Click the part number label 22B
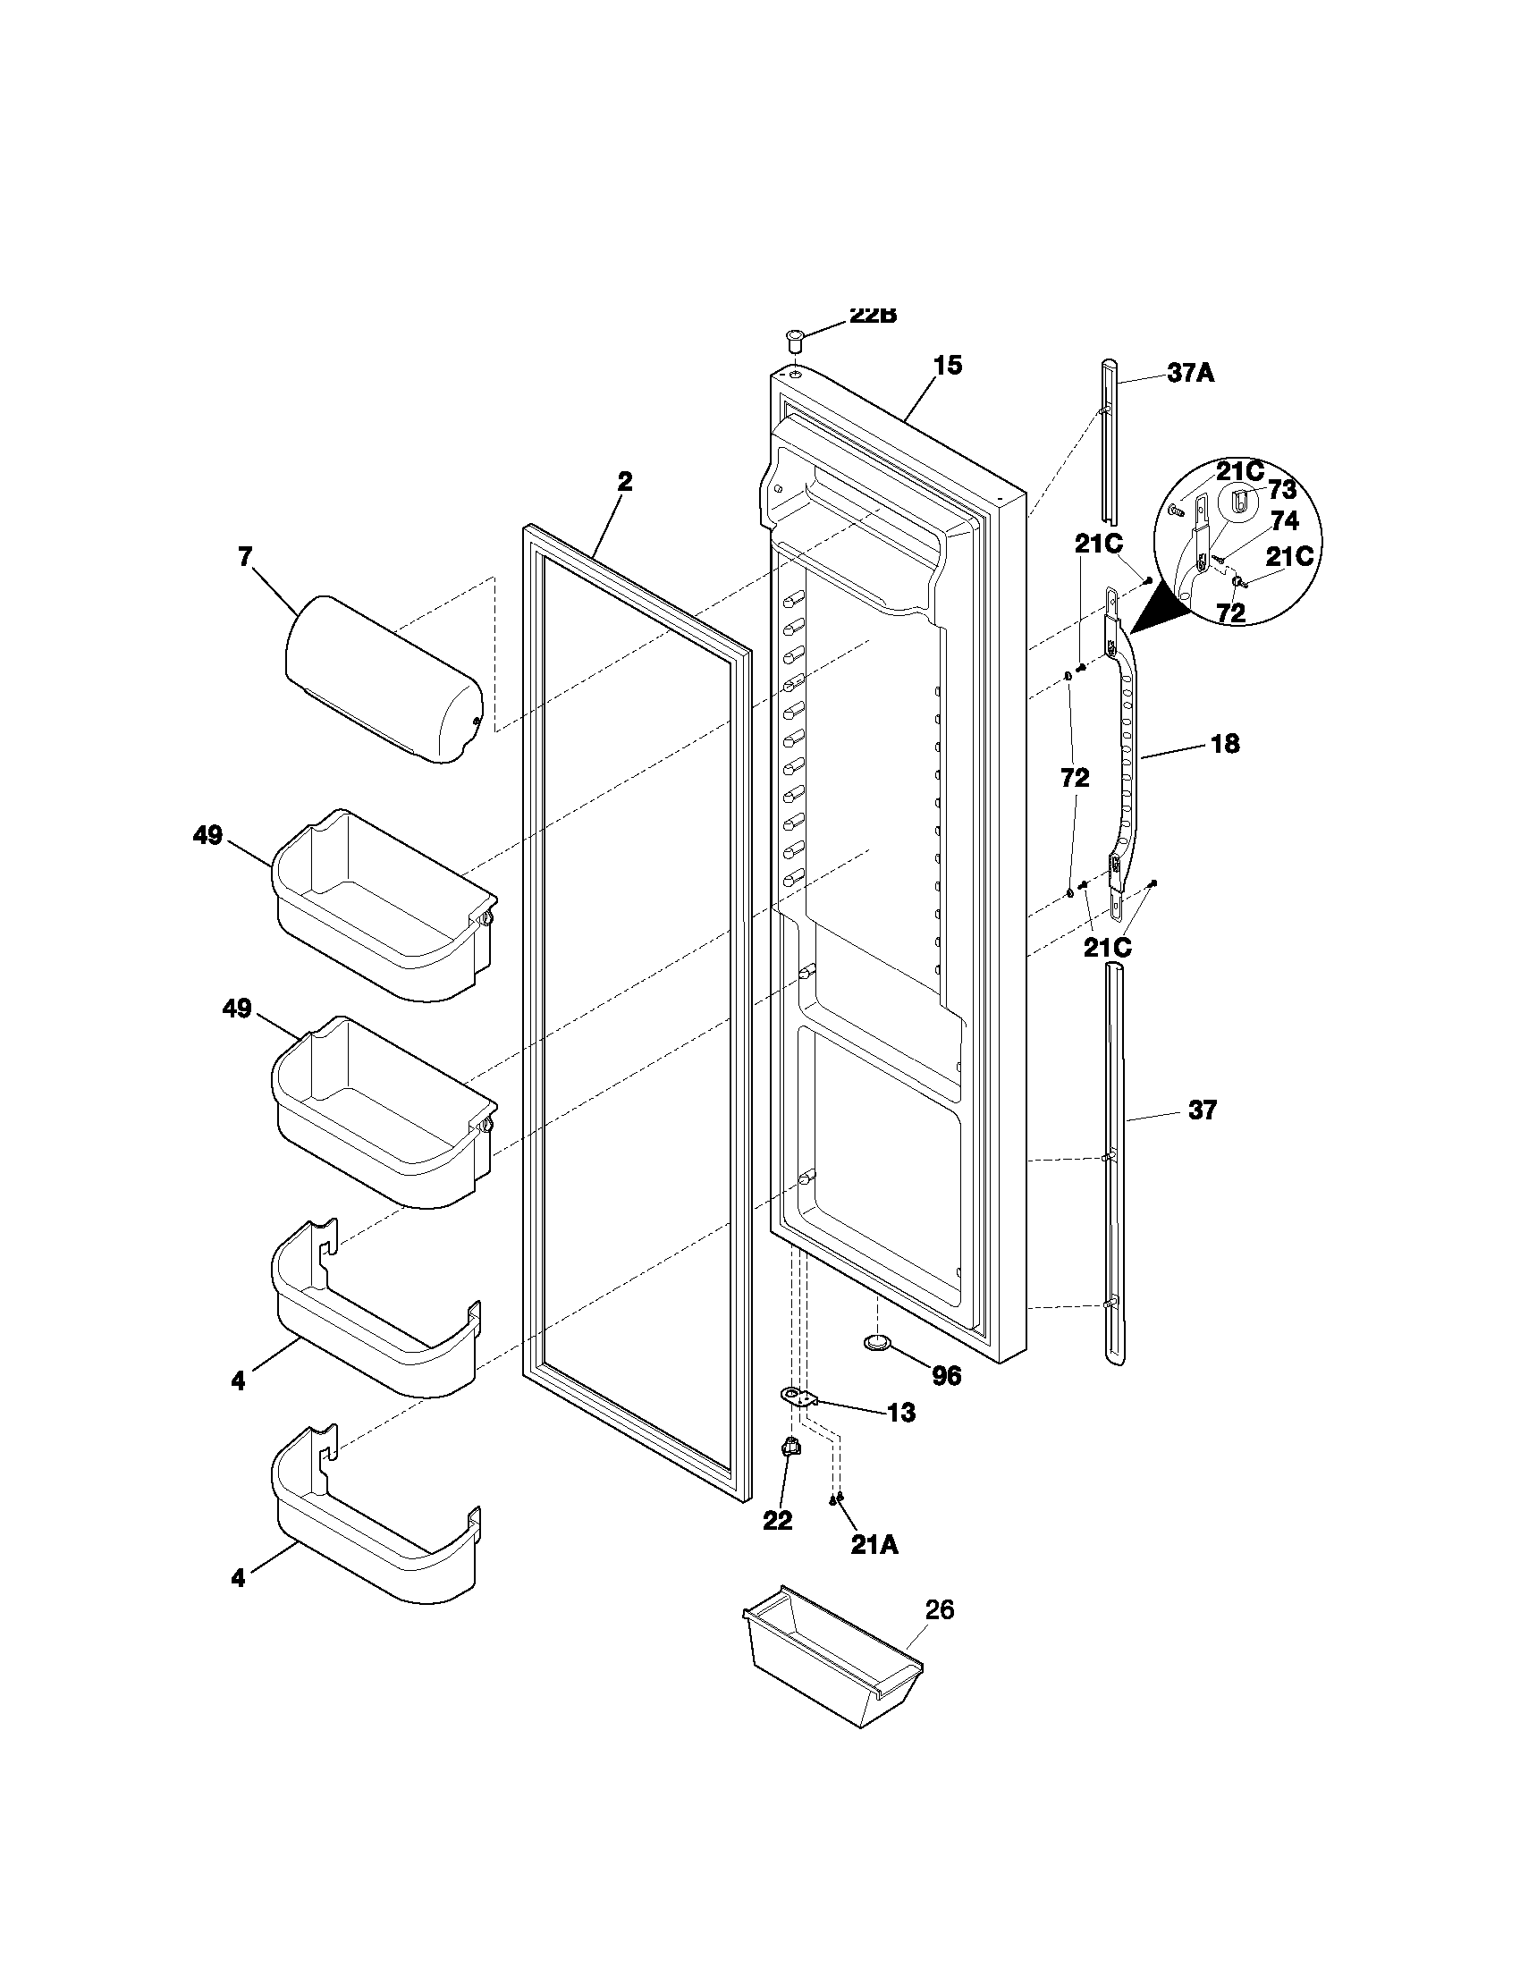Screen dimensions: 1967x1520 [873, 316]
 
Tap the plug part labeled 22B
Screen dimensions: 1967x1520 [793, 341]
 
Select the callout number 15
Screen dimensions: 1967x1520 [947, 366]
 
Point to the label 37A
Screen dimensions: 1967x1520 [1190, 373]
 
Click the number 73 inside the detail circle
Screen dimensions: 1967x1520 [1281, 489]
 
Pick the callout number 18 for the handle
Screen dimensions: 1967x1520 [1225, 744]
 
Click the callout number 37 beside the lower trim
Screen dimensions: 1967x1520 [1202, 1110]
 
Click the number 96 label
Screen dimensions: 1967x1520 [946, 1376]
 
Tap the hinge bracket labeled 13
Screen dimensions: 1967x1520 [798, 1397]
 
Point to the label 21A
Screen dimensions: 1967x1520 [874, 1545]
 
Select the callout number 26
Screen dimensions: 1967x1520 [939, 1609]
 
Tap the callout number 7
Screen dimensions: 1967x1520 [245, 557]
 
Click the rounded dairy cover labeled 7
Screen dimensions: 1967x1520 [384, 680]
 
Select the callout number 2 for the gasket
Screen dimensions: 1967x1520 [624, 482]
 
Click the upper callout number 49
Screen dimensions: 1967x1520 [207, 836]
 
